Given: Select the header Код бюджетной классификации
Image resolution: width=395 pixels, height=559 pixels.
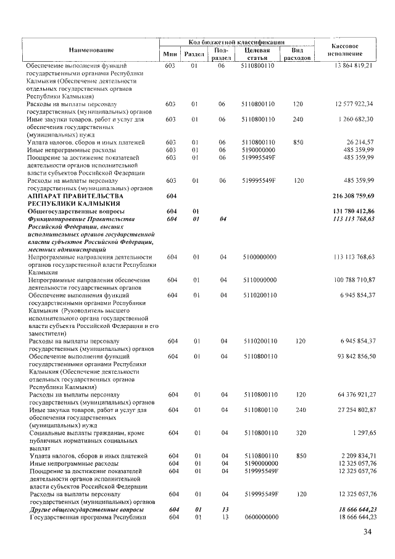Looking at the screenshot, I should tap(237, 40).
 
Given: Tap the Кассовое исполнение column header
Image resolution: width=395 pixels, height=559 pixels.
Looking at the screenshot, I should tap(346, 50).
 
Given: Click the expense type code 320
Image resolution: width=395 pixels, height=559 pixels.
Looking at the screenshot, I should tap(299, 434).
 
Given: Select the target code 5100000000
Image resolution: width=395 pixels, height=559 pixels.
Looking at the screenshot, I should tap(260, 257).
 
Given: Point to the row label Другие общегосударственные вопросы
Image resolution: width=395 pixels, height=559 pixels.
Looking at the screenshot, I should tap(87, 510).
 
